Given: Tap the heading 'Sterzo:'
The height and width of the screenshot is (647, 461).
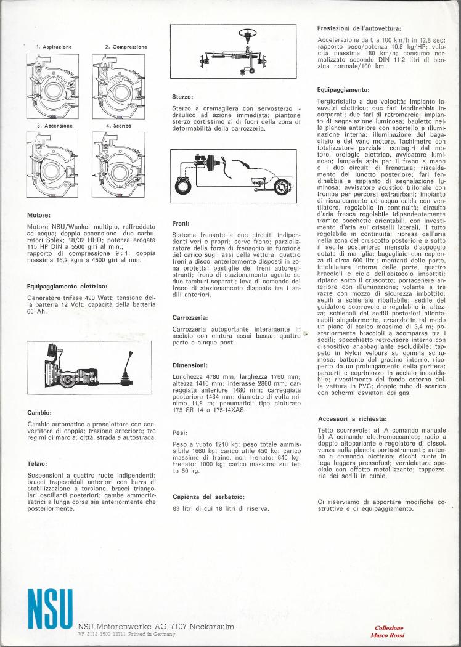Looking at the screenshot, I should tap(183, 97).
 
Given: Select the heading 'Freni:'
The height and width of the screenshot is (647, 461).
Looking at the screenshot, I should tap(182, 224).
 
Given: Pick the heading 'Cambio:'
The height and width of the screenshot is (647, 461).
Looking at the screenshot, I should tap(39, 412).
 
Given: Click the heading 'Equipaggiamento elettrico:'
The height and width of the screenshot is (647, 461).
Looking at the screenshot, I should tap(67, 285).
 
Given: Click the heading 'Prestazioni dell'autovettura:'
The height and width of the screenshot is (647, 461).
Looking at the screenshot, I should tap(359, 28).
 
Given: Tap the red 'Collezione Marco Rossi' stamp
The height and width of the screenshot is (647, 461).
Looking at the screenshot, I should tap(389, 630).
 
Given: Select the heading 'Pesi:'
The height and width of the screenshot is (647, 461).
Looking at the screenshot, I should tap(181, 433).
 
